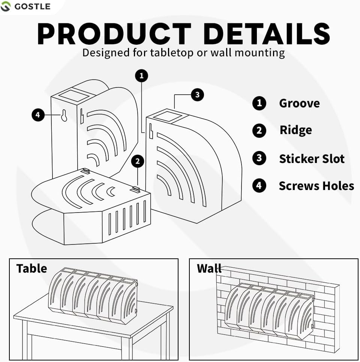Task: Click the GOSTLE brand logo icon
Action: tap(6, 6)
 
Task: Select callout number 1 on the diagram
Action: tap(141, 76)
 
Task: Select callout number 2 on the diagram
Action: tap(138, 161)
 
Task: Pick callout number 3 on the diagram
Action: tap(198, 95)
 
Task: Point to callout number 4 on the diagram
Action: tap(38, 115)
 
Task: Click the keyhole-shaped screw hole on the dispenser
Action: tap(64, 116)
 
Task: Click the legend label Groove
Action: tap(299, 103)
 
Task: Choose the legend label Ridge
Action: tap(295, 130)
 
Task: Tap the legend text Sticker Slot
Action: tap(312, 158)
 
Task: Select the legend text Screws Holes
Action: tap(316, 186)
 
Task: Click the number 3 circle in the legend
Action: tap(259, 158)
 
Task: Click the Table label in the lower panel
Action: tap(31, 268)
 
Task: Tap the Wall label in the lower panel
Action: tap(209, 268)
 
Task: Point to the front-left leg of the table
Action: tap(26, 340)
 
